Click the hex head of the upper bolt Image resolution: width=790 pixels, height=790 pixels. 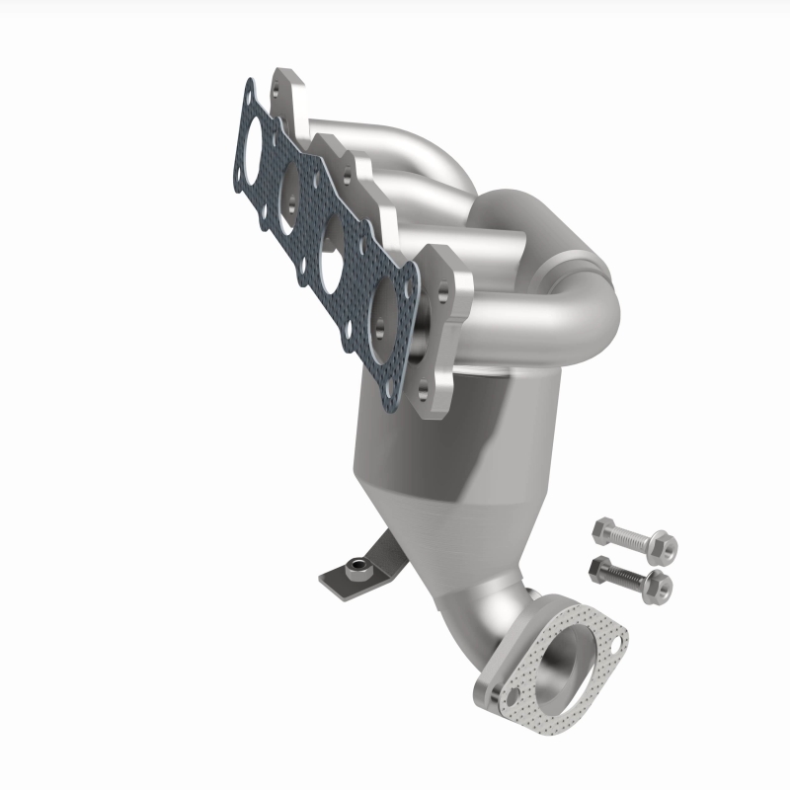click(x=602, y=532)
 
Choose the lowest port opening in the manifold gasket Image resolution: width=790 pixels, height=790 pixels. click(x=385, y=315)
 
